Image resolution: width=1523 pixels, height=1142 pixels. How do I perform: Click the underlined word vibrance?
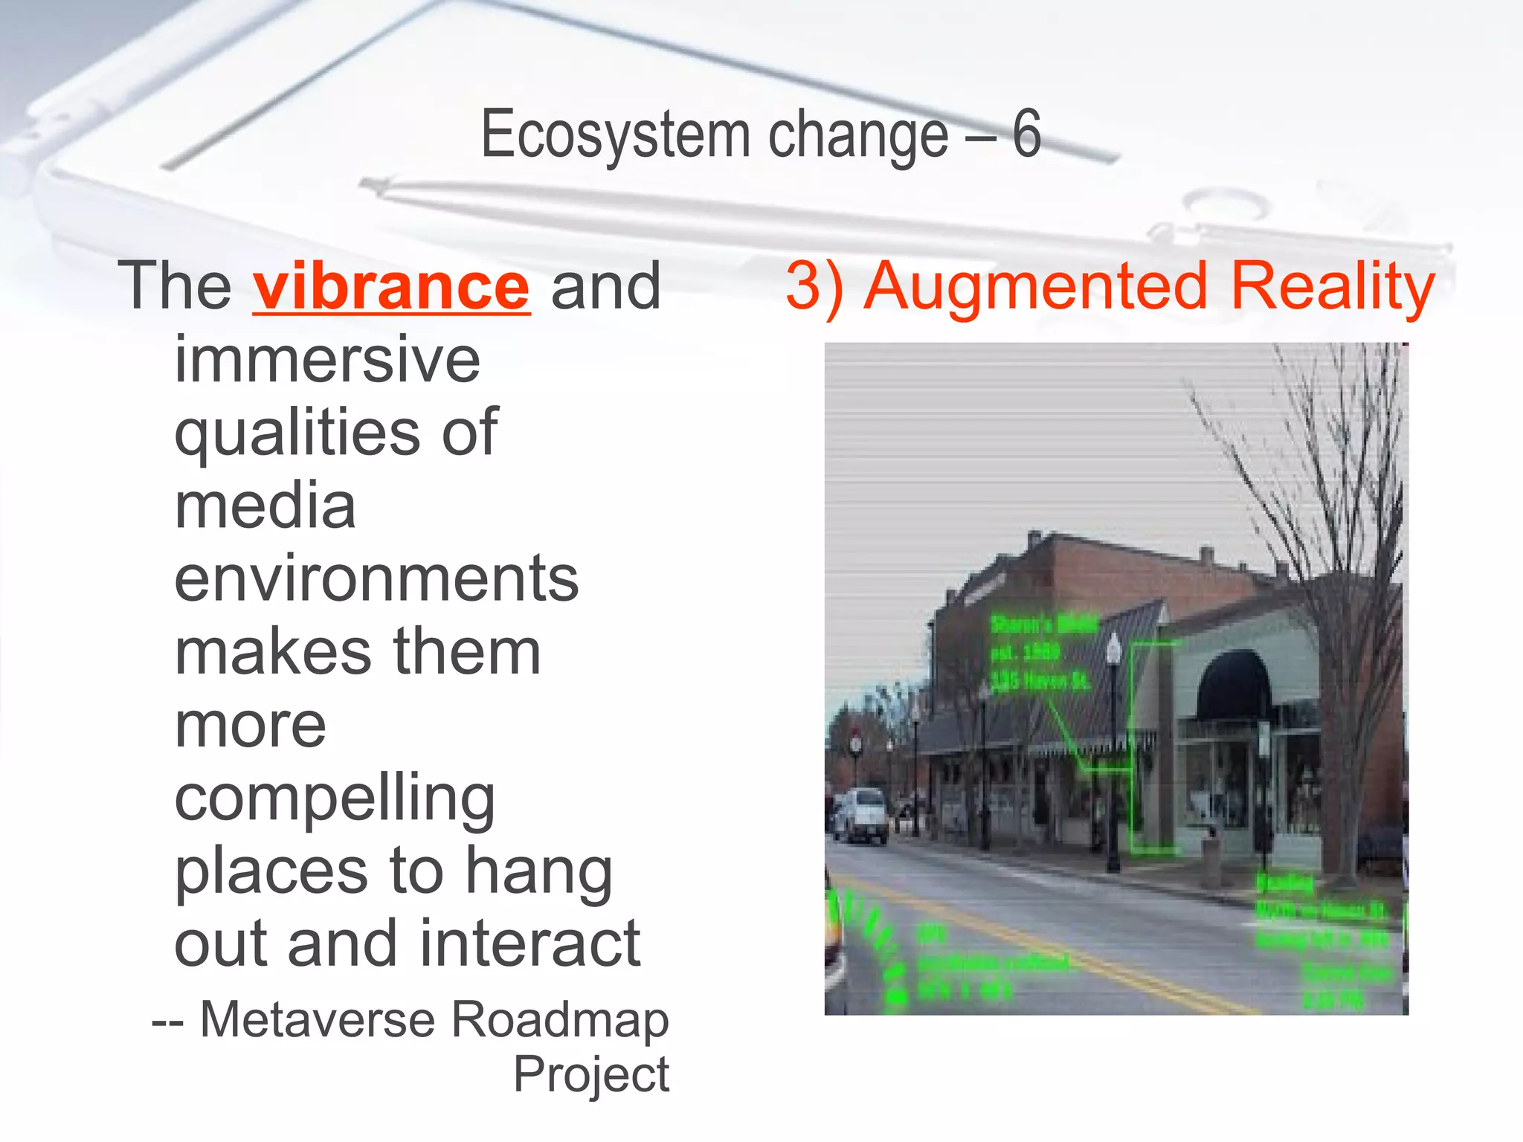tap(391, 287)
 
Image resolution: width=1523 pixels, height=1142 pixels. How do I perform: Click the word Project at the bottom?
tap(591, 1074)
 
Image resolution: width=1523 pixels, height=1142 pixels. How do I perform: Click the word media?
tap(265, 506)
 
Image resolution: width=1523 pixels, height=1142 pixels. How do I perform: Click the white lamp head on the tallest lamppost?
tap(1113, 648)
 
